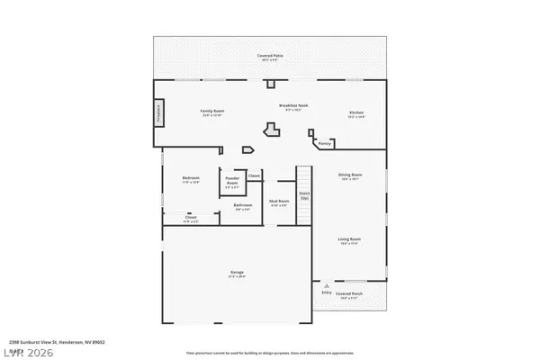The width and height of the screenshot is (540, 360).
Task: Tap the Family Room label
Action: (x=211, y=112)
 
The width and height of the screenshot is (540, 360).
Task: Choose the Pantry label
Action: (x=326, y=143)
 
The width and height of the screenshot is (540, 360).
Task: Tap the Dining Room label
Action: (x=350, y=176)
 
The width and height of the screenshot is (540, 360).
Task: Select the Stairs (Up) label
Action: (x=305, y=195)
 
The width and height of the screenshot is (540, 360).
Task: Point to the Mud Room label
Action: (x=279, y=202)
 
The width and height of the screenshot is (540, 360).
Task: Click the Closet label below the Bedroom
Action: (x=191, y=219)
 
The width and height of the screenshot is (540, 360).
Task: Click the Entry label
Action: (x=327, y=292)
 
